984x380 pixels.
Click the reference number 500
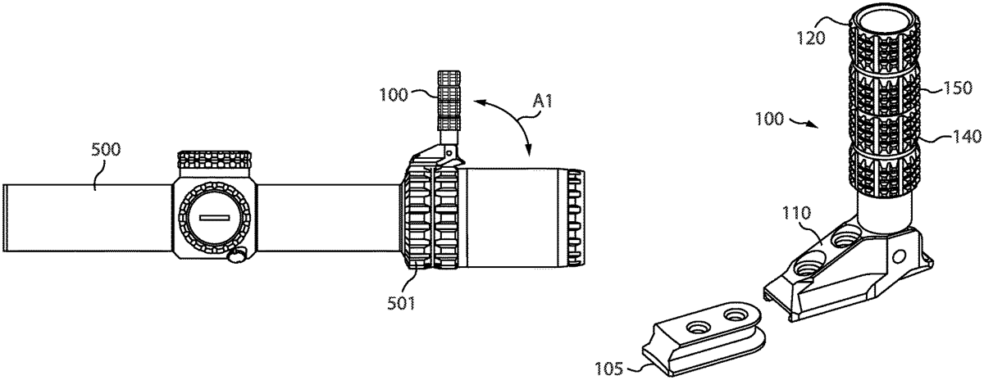[106, 150]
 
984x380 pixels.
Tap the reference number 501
[401, 303]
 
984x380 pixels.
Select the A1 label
[542, 102]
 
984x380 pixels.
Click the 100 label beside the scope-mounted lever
[394, 95]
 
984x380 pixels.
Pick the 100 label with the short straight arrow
[769, 119]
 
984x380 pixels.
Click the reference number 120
[811, 38]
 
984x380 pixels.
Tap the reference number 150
[958, 88]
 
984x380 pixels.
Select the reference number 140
[967, 137]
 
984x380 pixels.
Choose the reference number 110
[796, 213]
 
